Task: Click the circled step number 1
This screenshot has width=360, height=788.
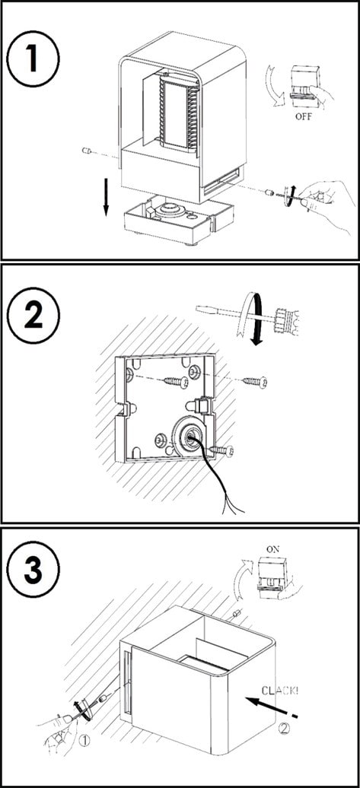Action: [33, 59]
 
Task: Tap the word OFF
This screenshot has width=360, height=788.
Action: [304, 118]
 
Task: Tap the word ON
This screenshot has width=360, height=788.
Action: [273, 549]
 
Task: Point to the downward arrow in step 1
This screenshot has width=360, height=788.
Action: [107, 195]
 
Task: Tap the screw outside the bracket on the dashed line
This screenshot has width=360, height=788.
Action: [254, 381]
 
